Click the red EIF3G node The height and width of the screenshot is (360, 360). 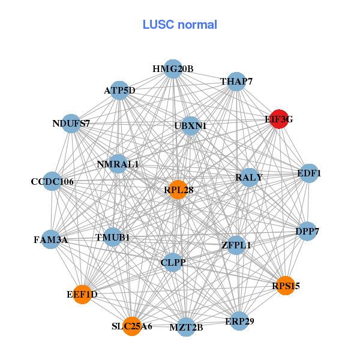[278, 119]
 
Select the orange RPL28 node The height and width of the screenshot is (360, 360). [178, 190]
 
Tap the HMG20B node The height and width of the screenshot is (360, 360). [173, 69]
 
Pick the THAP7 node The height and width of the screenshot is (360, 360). [236, 82]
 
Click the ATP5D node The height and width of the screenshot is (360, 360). [120, 91]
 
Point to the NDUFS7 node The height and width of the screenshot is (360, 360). [71, 124]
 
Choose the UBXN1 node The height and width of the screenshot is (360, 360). [190, 125]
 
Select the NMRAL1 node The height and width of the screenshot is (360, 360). [118, 164]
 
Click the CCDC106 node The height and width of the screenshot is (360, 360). [52, 181]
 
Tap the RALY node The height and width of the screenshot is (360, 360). [249, 177]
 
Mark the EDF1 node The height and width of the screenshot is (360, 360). [309, 173]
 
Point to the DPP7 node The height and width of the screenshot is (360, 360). [307, 232]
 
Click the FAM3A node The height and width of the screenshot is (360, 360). [50, 239]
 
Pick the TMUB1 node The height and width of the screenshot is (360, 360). [113, 237]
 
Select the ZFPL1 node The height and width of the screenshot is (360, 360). [236, 245]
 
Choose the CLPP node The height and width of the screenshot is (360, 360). [173, 262]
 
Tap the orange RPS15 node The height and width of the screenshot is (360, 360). [285, 286]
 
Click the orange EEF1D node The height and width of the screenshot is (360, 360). [82, 294]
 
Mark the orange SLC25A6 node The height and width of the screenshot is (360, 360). [132, 326]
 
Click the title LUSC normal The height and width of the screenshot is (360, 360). [180, 25]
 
